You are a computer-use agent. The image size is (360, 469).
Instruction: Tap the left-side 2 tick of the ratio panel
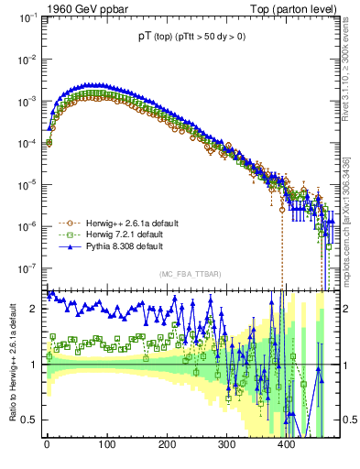34,309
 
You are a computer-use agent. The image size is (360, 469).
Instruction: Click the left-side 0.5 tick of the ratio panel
30,420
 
